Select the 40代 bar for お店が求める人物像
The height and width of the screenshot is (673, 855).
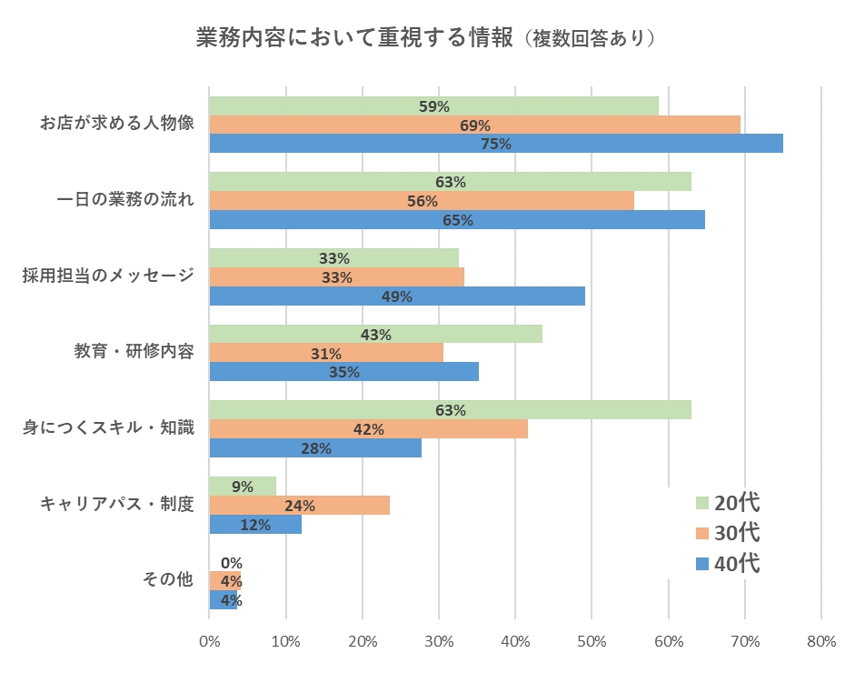click(496, 144)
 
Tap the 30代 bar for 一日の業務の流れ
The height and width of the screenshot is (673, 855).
click(422, 201)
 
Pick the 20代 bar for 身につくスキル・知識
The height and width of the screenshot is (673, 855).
click(450, 410)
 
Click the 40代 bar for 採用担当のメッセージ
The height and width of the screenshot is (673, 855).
click(397, 296)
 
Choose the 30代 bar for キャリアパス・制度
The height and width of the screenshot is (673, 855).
click(300, 506)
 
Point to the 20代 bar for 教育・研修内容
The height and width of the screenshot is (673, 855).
click(375, 334)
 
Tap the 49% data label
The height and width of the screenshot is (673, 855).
click(397, 296)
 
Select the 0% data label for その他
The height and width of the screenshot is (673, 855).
click(231, 563)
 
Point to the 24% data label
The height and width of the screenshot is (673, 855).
click(300, 506)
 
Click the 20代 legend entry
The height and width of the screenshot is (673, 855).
click(727, 502)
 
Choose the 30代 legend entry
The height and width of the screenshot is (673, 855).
click(727, 533)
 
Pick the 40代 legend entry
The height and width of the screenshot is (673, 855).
click(727, 564)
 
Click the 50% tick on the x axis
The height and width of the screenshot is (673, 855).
click(592, 641)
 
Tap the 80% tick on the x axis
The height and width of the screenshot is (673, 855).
click(821, 641)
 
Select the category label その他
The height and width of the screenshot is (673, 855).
click(168, 578)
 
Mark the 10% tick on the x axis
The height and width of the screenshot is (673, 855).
click(286, 641)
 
